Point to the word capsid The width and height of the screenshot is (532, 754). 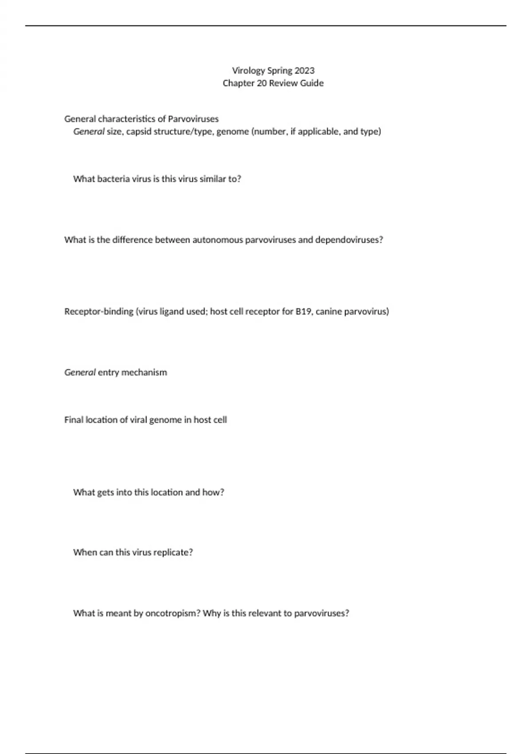[139, 132]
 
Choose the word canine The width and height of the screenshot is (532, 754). [329, 312]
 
